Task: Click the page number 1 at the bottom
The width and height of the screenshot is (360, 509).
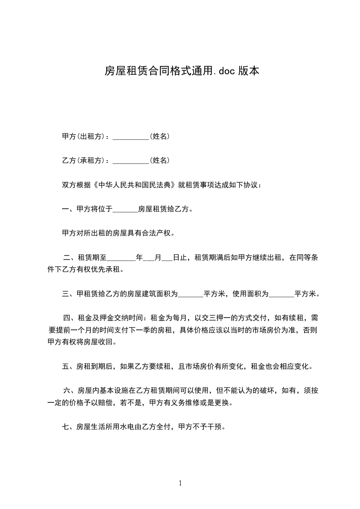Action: (x=180, y=483)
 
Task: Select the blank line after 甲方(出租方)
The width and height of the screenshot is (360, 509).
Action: (x=131, y=136)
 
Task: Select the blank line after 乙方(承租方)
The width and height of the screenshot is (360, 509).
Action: (x=131, y=161)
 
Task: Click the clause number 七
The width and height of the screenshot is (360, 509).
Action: (x=66, y=427)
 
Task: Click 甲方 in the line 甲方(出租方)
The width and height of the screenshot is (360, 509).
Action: (x=69, y=136)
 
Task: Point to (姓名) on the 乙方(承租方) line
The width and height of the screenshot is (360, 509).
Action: (x=160, y=161)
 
